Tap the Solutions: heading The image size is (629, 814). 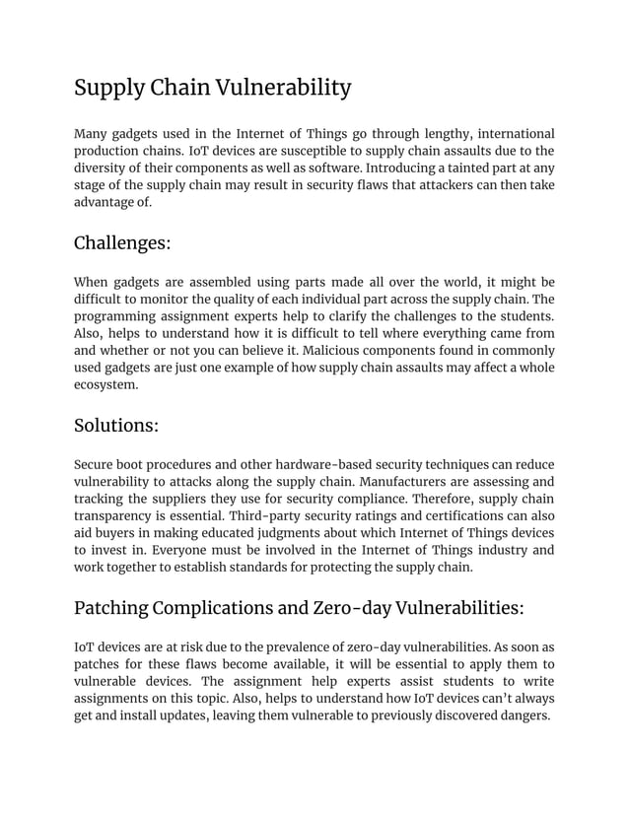116,426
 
